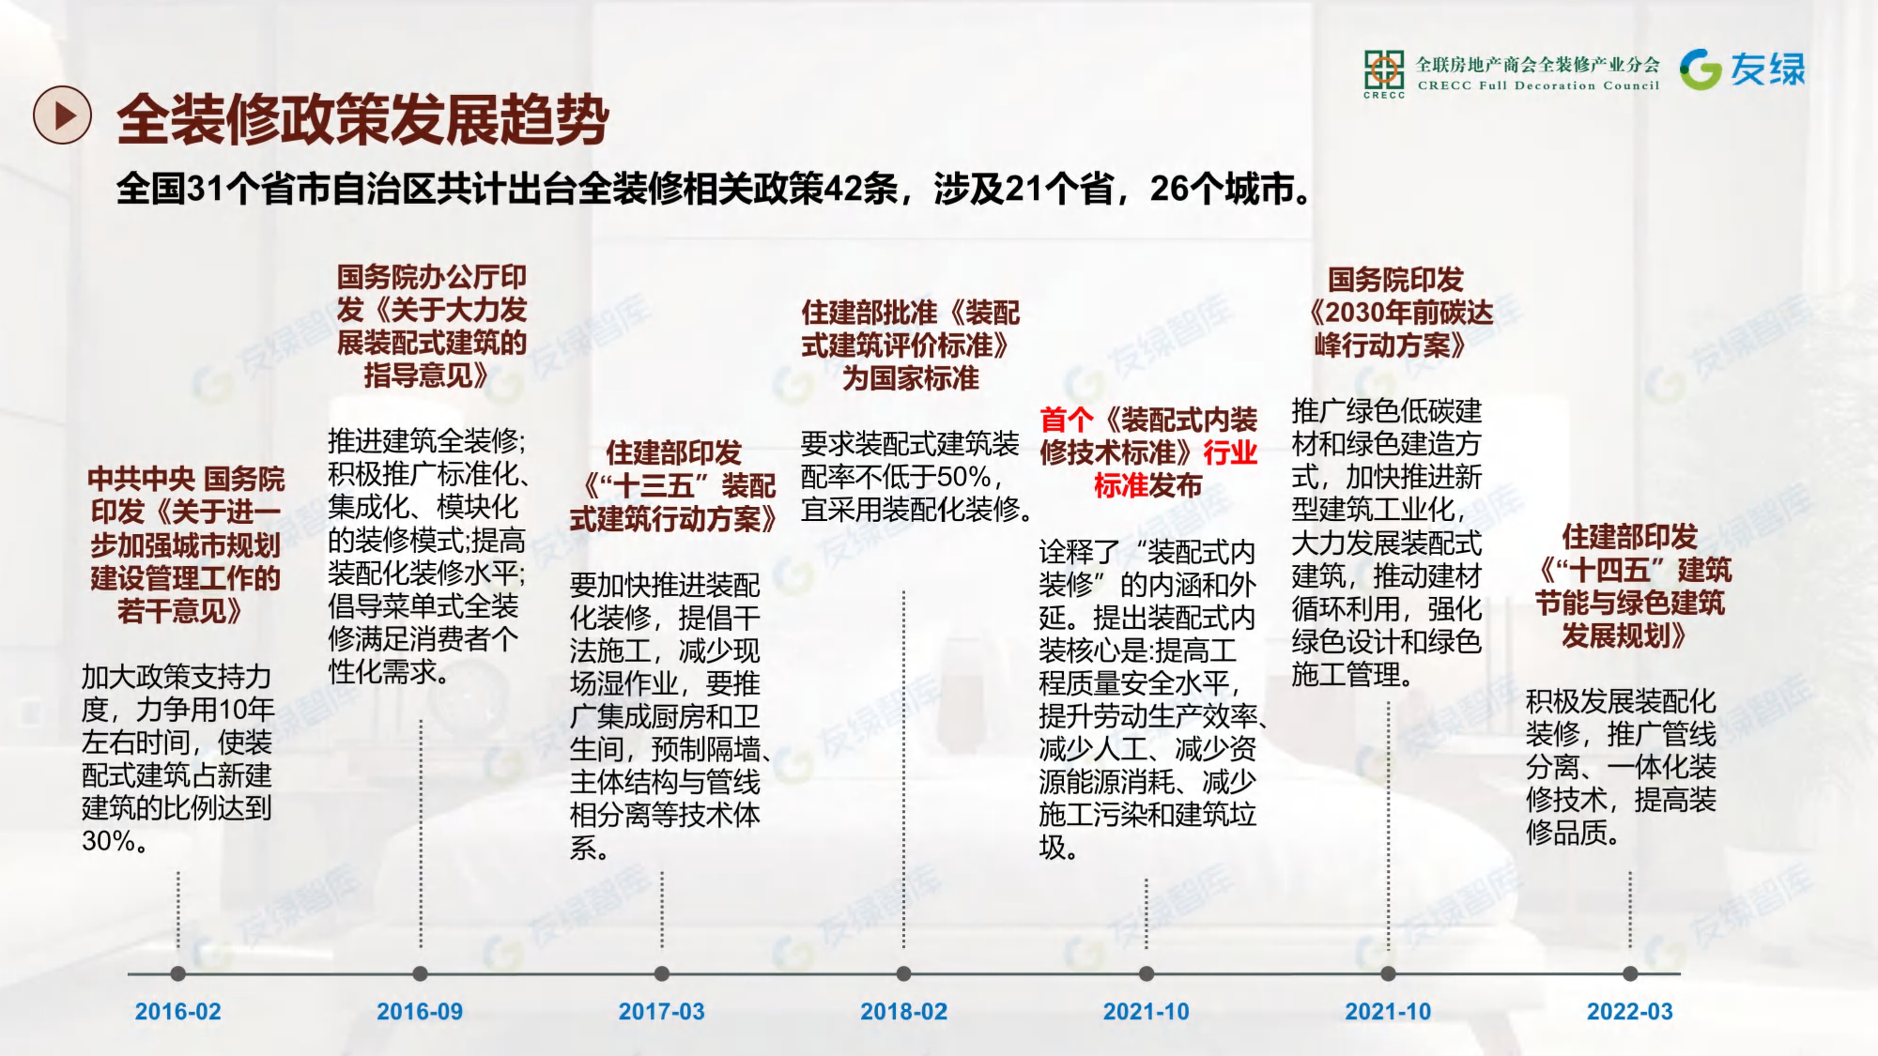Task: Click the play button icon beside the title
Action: point(62,115)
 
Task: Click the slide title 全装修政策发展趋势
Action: point(362,119)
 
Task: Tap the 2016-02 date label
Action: point(178,1011)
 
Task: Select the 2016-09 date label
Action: point(420,1011)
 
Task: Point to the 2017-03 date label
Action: point(662,1011)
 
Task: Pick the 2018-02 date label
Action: point(904,1011)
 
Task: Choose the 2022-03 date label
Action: point(1630,1011)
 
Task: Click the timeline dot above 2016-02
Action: point(178,974)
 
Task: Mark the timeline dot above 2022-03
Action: point(1630,974)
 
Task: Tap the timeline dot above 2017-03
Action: point(662,974)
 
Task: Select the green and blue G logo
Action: point(1701,69)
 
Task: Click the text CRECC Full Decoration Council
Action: point(1538,85)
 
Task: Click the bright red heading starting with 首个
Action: point(1148,452)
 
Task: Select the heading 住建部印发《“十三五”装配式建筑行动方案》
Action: point(673,486)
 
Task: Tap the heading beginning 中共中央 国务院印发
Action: point(186,545)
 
